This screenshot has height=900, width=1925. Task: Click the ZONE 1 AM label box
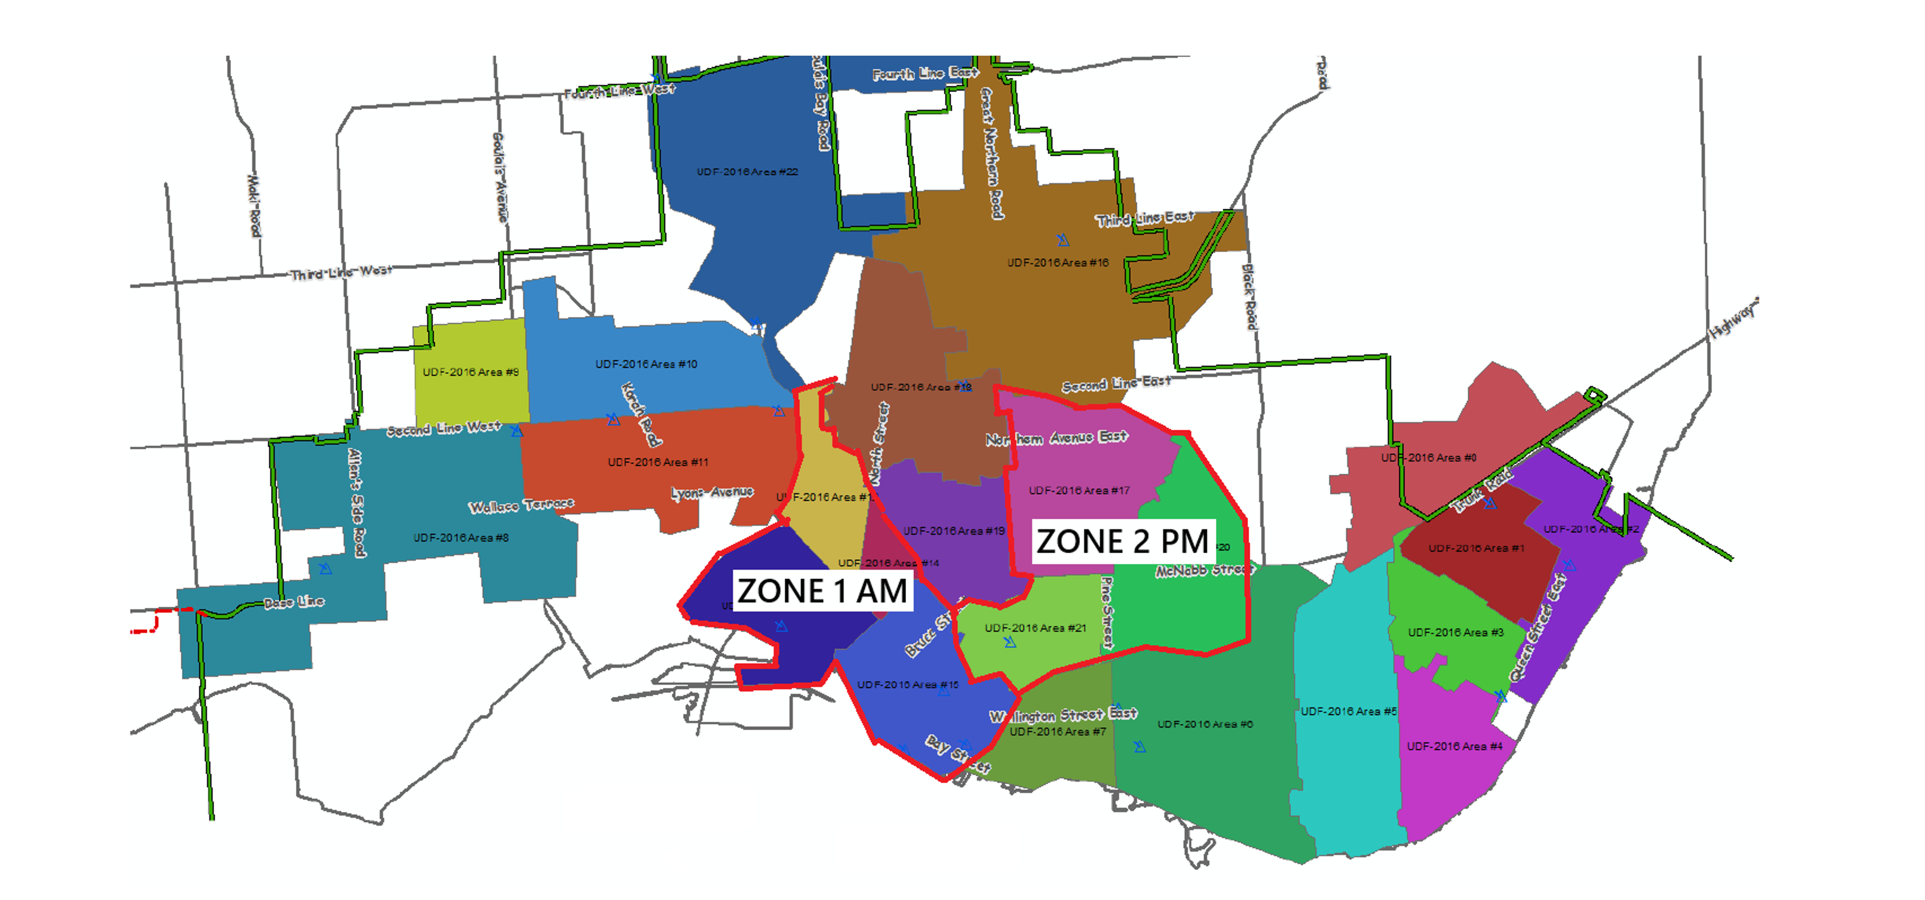(x=822, y=591)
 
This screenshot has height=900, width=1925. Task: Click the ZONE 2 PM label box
(x=1122, y=541)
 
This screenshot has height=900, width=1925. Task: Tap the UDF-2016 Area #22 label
(x=748, y=172)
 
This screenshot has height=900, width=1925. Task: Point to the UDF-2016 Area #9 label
(x=470, y=372)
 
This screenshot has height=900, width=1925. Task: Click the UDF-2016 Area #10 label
(x=646, y=364)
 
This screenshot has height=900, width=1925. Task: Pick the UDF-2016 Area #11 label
(x=657, y=463)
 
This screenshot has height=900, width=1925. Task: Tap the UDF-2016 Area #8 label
(x=461, y=538)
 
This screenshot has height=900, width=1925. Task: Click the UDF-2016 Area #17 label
(x=1079, y=491)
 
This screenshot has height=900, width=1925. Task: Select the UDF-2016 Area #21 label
(x=1035, y=628)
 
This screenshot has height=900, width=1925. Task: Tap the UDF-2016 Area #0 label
(x=1428, y=458)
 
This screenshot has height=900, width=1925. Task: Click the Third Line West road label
(x=341, y=272)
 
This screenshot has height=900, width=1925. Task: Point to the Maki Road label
(x=254, y=205)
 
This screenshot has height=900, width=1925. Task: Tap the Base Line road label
(x=294, y=602)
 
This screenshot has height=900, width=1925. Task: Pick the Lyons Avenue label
(x=711, y=493)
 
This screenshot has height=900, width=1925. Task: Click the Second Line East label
(x=1116, y=383)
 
